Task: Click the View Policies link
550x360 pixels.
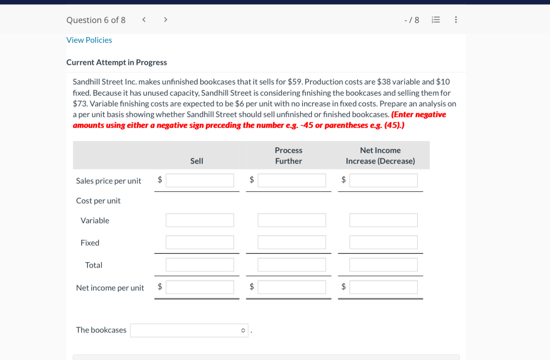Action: click(89, 40)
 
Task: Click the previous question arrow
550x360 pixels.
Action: click(144, 20)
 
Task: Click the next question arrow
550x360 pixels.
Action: click(166, 20)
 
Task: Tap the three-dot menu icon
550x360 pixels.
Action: click(456, 20)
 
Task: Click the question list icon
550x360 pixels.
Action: click(436, 20)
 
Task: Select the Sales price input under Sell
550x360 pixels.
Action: click(200, 180)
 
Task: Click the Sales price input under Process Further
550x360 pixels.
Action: click(292, 180)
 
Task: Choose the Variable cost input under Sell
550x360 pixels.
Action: click(200, 220)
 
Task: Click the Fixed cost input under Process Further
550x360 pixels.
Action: click(292, 242)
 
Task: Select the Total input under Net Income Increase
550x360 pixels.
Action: click(383, 265)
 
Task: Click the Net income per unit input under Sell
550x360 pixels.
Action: click(200, 287)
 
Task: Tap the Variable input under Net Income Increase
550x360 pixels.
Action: click(383, 220)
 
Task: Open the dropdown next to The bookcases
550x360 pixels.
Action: click(189, 330)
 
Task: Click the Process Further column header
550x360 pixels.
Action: click(288, 156)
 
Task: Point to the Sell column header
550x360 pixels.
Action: click(197, 161)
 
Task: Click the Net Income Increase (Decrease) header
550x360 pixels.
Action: click(380, 156)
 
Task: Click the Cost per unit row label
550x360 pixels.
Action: click(98, 201)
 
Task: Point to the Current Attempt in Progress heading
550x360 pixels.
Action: click(116, 62)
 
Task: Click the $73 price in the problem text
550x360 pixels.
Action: click(79, 104)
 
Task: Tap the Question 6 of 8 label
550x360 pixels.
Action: click(96, 20)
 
